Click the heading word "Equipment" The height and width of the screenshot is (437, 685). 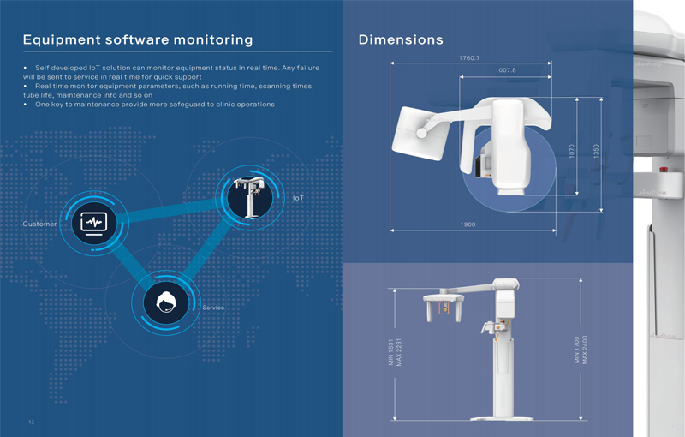(x=62, y=39)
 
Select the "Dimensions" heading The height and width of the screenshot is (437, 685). (x=401, y=39)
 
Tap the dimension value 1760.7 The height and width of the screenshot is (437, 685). (x=469, y=57)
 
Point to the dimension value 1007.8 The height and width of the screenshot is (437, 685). (x=505, y=70)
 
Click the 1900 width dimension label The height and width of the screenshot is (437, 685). (x=468, y=224)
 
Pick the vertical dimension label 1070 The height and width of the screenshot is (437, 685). (x=572, y=151)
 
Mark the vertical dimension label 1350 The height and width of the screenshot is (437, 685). (x=596, y=151)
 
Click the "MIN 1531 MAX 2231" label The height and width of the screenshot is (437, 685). (x=395, y=352)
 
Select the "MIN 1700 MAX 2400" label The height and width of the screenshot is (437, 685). (x=581, y=350)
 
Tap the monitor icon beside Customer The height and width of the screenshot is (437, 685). (x=94, y=223)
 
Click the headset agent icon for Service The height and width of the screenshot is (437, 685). (x=166, y=302)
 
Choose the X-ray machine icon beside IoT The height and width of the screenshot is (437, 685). (x=249, y=198)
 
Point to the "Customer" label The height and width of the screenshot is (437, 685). (x=39, y=224)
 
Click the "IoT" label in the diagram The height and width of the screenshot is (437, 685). (x=298, y=198)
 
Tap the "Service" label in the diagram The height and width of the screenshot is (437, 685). (x=213, y=308)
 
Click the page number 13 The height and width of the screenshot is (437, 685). (x=31, y=422)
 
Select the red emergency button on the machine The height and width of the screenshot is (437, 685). (x=663, y=169)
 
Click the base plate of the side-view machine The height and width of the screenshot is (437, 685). (x=502, y=418)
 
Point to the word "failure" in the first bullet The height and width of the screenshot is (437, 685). (x=308, y=68)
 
